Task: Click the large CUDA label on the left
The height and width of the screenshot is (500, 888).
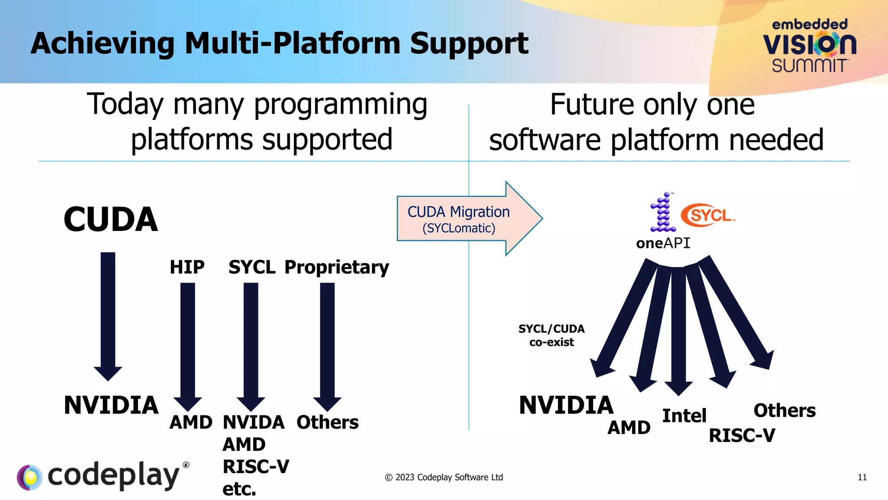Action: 111,220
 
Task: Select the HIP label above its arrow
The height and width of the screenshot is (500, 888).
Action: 187,267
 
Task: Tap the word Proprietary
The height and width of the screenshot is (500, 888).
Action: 336,267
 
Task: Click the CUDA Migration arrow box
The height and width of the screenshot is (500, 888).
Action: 459,219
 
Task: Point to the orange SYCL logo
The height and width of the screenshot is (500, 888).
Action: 708,215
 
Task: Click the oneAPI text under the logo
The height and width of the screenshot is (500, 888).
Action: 663,243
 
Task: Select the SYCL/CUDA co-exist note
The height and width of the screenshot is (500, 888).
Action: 552,336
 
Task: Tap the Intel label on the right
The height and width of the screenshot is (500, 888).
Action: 684,416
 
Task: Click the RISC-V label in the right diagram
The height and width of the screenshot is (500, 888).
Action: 742,436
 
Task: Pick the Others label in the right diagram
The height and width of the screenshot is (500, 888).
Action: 784,411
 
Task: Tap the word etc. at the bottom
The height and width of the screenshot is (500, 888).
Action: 239,489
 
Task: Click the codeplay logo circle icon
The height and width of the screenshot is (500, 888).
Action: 29,477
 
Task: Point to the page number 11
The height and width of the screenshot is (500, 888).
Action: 862,477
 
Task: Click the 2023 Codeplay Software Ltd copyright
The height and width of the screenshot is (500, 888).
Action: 444,477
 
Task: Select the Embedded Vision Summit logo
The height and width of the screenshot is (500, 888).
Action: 810,46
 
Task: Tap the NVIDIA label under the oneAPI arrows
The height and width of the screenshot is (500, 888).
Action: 566,405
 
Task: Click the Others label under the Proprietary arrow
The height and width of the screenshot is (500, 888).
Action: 327,422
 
